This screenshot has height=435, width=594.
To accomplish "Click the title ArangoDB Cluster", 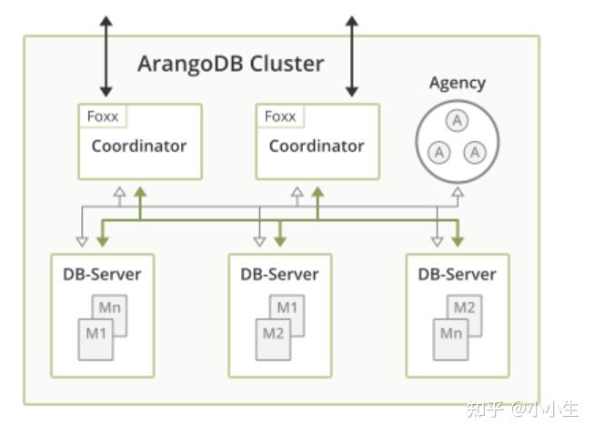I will pyautogui.click(x=230, y=64).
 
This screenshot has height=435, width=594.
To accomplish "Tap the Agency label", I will pyautogui.click(x=458, y=83).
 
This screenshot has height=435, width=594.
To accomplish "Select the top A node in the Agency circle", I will pyautogui.click(x=457, y=119).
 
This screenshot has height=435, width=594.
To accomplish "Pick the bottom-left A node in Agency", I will pyautogui.click(x=439, y=151).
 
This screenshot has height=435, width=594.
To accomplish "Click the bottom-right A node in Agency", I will pyautogui.click(x=476, y=151).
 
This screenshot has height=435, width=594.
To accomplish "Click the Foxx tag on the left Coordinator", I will pyautogui.click(x=103, y=116).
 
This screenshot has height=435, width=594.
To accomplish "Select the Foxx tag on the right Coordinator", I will pyautogui.click(x=280, y=116).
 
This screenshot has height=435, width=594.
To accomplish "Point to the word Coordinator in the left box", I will pyautogui.click(x=138, y=146).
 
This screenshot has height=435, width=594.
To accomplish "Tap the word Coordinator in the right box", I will pyautogui.click(x=316, y=146).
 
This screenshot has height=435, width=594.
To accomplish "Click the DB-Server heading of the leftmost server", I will pyautogui.click(x=102, y=274).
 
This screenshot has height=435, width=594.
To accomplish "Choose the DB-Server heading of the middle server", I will pyautogui.click(x=279, y=274).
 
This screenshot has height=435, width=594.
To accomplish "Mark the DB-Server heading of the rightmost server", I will pyautogui.click(x=457, y=274).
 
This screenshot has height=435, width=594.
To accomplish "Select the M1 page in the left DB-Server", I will pyautogui.click(x=96, y=334).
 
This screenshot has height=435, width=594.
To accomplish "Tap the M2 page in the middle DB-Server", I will pyautogui.click(x=273, y=334).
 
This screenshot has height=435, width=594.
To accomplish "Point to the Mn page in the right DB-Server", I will pyautogui.click(x=450, y=334).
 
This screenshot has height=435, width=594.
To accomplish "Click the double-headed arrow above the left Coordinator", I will pyautogui.click(x=106, y=55).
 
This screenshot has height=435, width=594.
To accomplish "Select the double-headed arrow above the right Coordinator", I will pyautogui.click(x=351, y=55).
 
